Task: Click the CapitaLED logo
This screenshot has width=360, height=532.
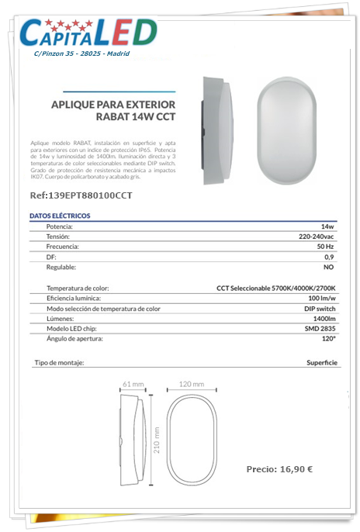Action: click(87, 32)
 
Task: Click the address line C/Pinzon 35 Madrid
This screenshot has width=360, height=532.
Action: click(81, 54)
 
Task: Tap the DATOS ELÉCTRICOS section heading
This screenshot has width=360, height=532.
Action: click(60, 215)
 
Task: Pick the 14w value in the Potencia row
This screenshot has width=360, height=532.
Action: click(327, 226)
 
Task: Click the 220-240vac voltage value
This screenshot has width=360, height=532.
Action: click(317, 236)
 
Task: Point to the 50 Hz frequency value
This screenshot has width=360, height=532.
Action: click(325, 246)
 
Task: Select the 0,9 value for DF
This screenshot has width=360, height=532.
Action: click(329, 256)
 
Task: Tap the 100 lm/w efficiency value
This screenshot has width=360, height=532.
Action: click(321, 298)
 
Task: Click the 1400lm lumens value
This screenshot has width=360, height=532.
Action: click(324, 319)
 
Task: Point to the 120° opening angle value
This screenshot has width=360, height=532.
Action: click(328, 339)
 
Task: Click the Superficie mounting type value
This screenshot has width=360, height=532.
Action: click(321, 363)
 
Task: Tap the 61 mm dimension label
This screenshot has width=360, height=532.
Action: click(133, 385)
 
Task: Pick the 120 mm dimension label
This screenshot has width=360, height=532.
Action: click(191, 385)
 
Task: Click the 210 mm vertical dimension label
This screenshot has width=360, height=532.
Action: click(156, 441)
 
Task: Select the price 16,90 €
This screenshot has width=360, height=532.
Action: click(279, 469)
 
